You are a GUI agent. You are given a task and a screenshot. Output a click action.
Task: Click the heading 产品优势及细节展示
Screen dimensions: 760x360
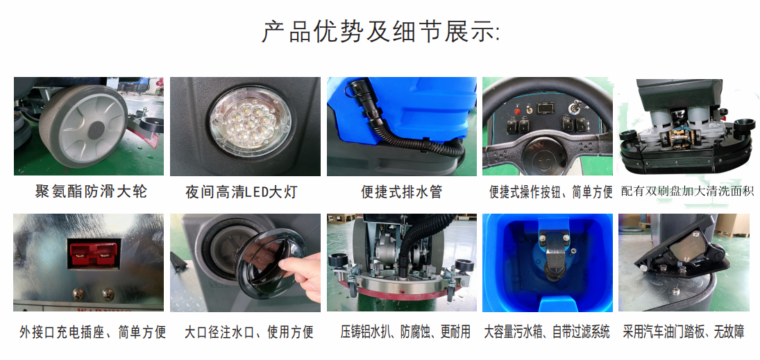click(x=380, y=32)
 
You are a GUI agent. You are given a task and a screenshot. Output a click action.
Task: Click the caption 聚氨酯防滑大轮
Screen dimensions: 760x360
click(x=91, y=191)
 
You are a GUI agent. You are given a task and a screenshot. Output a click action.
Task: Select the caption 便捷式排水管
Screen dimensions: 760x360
click(x=402, y=192)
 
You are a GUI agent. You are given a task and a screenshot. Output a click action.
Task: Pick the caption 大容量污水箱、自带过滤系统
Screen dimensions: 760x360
click(x=547, y=332)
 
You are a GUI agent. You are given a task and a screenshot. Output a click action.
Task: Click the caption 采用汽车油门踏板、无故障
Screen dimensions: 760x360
click(x=684, y=332)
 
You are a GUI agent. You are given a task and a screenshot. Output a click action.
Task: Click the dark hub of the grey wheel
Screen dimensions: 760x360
click(x=96, y=128)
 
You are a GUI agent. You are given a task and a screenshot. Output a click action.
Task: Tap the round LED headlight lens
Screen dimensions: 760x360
click(x=250, y=123)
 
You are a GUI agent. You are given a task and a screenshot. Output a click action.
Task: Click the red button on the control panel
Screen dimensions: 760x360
click(x=517, y=111)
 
